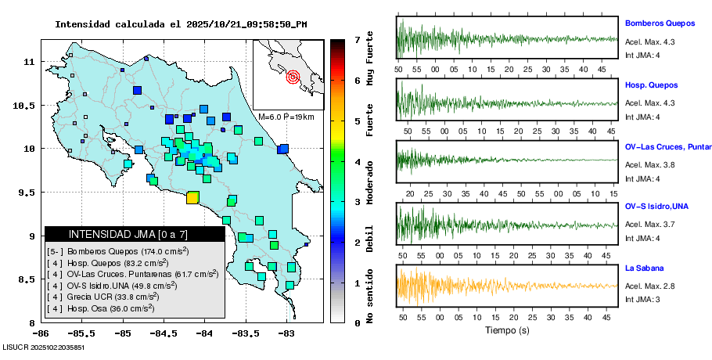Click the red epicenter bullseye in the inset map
[293, 77]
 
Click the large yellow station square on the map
[192, 198]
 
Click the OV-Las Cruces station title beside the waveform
[667, 146]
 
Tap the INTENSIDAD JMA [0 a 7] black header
[135, 234]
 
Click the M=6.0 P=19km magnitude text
[286, 117]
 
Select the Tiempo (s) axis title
[507, 331]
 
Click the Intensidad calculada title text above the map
[181, 23]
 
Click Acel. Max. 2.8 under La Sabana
[649, 286]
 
